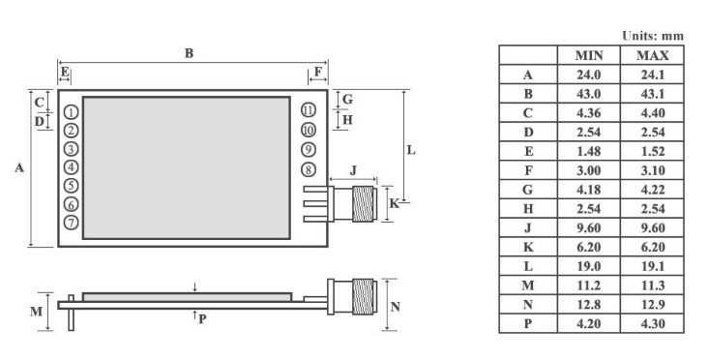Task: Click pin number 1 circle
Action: [72, 112]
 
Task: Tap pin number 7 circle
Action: [72, 223]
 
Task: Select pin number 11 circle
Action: [308, 109]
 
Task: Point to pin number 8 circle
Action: [308, 169]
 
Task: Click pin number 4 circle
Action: [72, 167]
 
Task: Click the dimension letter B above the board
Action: [190, 53]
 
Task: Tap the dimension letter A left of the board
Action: [19, 168]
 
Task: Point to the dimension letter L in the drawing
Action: [411, 150]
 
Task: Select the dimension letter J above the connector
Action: [353, 170]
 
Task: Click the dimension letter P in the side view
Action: [202, 319]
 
